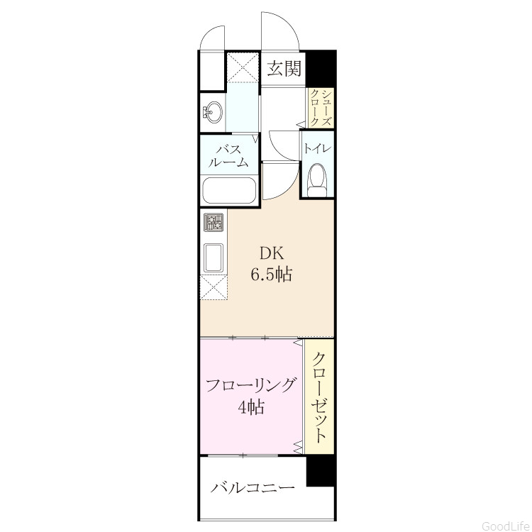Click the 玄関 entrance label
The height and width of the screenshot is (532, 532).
pos(284,69)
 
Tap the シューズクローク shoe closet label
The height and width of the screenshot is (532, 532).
pos(321,108)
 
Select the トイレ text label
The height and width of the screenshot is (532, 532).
pos(317,149)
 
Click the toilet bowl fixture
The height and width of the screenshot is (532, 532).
pos(317,180)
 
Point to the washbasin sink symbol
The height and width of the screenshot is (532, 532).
pos(212,111)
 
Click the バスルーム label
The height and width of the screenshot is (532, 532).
pos(228,156)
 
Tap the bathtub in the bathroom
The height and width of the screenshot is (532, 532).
pos(228,190)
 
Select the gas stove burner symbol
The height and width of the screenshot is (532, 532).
pos(214,222)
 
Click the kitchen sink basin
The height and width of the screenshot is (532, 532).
pos(214,258)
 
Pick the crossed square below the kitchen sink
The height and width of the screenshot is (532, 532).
pos(214,288)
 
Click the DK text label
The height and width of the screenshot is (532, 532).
pos(271,253)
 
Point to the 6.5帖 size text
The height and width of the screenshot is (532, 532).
pos(271,274)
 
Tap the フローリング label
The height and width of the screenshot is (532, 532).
pos(250,386)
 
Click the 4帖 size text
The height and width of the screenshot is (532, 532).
pos(251,407)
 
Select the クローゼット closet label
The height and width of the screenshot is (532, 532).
pos(319,398)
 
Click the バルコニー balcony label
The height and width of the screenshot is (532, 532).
pos(253,488)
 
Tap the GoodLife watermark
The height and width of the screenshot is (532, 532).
pos(506,526)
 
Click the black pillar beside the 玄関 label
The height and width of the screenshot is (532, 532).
pos(321,68)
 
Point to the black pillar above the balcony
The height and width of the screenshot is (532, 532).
pos(321,471)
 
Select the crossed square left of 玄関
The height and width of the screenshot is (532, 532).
pos(243,67)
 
